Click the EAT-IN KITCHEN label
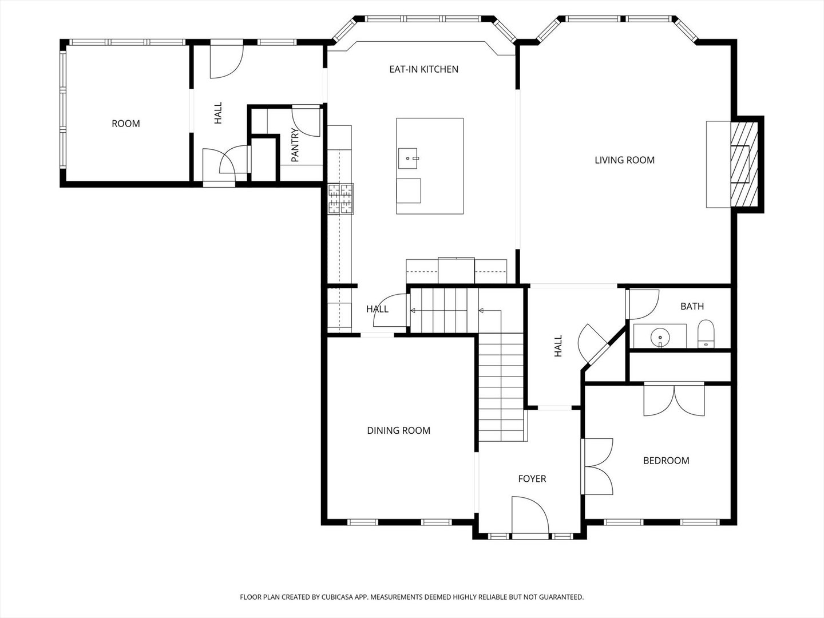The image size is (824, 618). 423,69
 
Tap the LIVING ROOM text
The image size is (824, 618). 624,160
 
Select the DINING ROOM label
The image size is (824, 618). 398,430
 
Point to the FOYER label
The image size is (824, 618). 532,479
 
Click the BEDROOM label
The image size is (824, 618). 666,461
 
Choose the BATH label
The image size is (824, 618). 692,307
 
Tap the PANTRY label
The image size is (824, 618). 295,145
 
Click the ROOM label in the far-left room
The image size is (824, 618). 126,124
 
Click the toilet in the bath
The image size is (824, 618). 706,334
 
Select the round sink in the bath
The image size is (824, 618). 660,336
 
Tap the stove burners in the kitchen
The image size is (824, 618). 340,199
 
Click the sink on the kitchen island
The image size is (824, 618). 407,159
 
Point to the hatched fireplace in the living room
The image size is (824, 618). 744,165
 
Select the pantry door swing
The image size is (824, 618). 306,121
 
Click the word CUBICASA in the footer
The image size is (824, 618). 338,597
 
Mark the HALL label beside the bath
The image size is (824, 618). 558,346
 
